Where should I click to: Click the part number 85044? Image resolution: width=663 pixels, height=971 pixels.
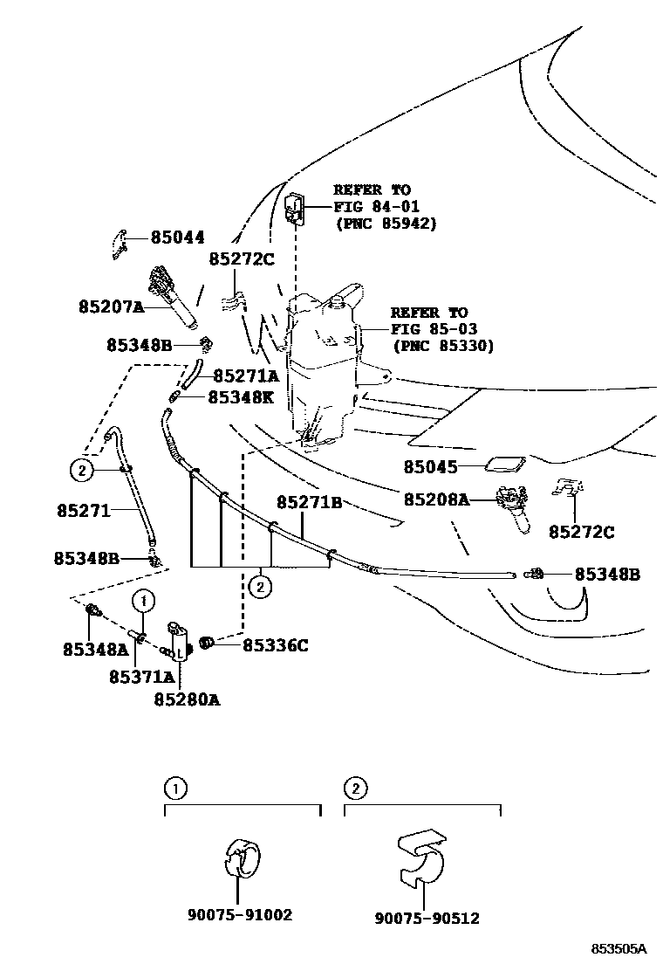pyautogui.click(x=177, y=237)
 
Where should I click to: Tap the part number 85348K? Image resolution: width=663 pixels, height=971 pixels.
pyautogui.click(x=240, y=397)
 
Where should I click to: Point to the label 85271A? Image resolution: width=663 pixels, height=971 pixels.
pyautogui.click(x=245, y=376)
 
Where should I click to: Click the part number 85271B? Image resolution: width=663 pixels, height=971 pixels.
pyautogui.click(x=309, y=503)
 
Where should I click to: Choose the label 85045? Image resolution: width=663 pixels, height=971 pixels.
pyautogui.click(x=430, y=467)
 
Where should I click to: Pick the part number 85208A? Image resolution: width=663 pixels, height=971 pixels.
pyautogui.click(x=436, y=500)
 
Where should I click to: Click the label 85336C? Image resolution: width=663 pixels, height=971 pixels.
pyautogui.click(x=275, y=645)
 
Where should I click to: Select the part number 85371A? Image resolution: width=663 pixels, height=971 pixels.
pyautogui.click(x=141, y=677)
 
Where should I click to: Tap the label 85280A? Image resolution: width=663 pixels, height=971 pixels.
pyautogui.click(x=187, y=699)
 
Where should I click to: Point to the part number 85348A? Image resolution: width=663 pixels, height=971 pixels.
pyautogui.click(x=95, y=649)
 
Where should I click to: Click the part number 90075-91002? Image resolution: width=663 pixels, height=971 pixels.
pyautogui.click(x=239, y=915)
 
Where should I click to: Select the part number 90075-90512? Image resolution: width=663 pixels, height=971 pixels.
pyautogui.click(x=427, y=919)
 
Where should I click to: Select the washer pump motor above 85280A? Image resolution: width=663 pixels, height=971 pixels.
pyautogui.click(x=179, y=643)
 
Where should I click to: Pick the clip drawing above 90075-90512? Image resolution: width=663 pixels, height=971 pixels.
pyautogui.click(x=421, y=857)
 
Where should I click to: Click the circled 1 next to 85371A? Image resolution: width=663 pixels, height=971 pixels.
pyautogui.click(x=144, y=600)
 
